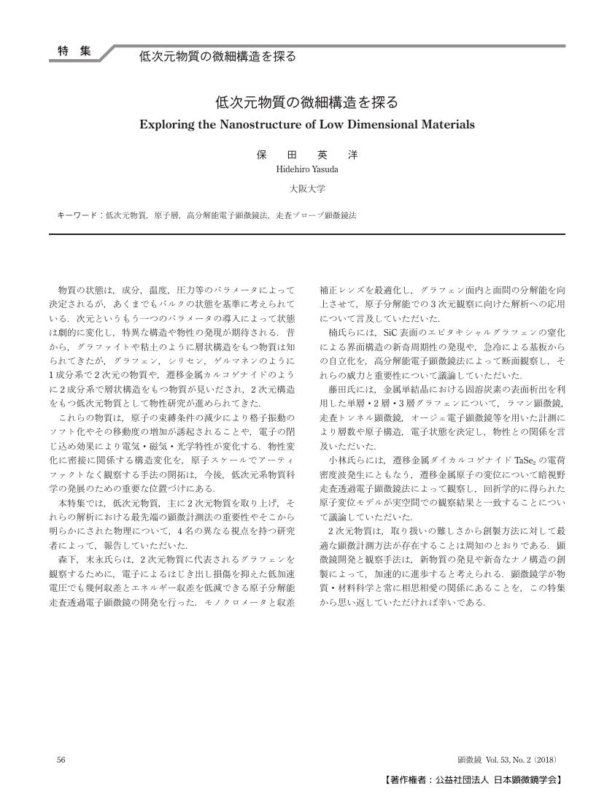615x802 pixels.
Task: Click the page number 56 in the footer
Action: point(61,760)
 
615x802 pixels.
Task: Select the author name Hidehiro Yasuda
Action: point(307,169)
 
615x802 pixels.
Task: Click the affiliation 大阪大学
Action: point(307,189)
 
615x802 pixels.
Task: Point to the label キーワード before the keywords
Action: point(78,216)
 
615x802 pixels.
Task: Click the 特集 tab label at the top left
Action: point(74,51)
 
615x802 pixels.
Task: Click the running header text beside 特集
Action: point(217,56)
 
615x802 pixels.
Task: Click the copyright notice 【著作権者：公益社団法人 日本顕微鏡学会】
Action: point(473,779)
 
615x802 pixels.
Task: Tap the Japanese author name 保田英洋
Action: point(307,155)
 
